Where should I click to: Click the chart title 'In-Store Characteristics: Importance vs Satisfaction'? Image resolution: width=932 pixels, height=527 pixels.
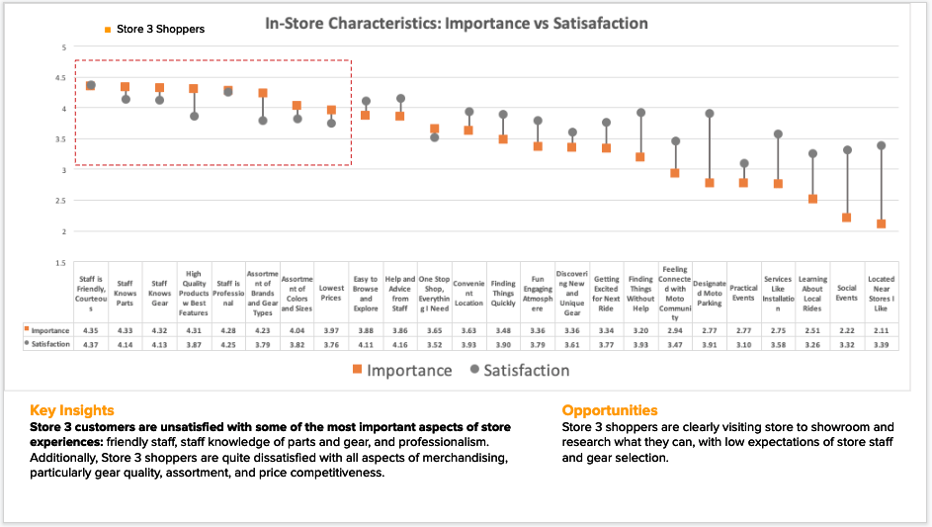pos(456,23)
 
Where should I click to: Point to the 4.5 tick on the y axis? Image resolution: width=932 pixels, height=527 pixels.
pos(61,77)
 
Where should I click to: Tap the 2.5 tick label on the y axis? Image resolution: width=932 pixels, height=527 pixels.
pos(61,201)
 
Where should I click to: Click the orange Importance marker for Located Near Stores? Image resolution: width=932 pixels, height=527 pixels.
pos(881,224)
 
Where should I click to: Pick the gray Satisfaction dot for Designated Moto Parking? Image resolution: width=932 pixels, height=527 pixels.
pos(710,114)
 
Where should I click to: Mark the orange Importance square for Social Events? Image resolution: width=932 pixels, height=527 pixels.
pos(846,218)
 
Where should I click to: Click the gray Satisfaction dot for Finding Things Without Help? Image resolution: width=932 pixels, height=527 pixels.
pos(640,113)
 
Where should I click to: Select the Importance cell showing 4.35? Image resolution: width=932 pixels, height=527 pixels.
pos(90,330)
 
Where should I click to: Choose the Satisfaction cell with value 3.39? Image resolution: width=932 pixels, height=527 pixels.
pos(881,344)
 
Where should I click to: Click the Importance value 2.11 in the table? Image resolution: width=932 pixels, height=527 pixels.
pos(881,330)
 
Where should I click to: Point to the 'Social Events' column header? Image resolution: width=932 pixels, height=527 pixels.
pos(846,293)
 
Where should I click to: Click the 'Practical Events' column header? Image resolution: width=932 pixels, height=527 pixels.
pos(743,293)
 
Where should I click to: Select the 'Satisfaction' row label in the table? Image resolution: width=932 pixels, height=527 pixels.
pos(49,344)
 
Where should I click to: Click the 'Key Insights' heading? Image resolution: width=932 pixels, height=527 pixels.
pos(71,409)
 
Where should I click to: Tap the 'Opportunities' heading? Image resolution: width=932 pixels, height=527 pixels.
pos(609,409)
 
